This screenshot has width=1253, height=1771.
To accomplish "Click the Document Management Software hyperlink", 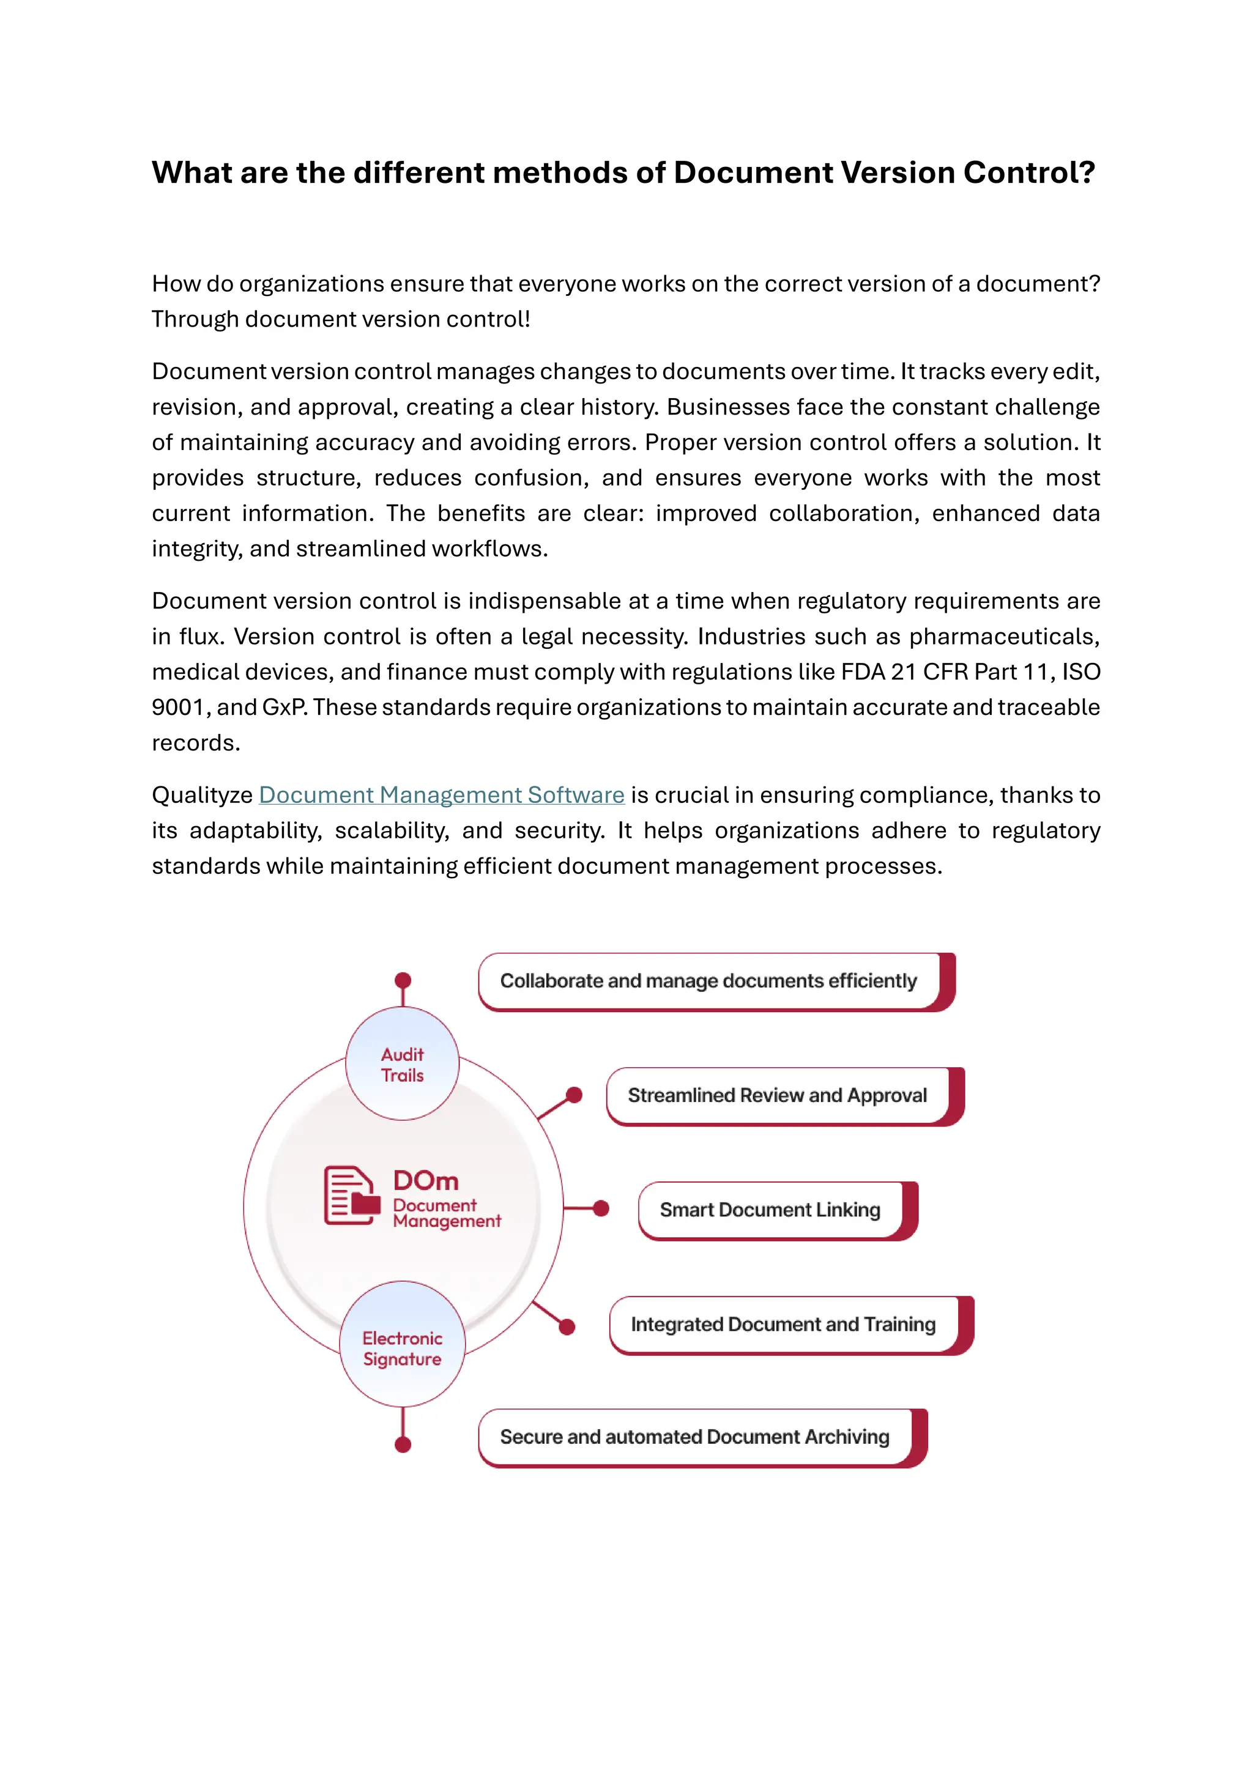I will (x=441, y=795).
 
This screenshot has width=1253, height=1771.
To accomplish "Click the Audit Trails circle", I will (x=402, y=1065).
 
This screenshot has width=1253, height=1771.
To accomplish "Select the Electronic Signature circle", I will (x=402, y=1348).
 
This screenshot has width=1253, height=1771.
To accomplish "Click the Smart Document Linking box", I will (x=770, y=1210).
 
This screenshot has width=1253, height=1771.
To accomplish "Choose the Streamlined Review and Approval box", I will (x=777, y=1095).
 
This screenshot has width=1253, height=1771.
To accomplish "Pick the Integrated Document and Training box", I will (x=783, y=1325).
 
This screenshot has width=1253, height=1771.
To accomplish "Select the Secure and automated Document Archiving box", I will (x=694, y=1437).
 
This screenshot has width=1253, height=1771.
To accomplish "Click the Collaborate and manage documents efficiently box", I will (x=708, y=981).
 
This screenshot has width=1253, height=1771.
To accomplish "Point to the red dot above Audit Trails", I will (x=403, y=980).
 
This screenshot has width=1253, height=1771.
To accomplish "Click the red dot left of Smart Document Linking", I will (x=601, y=1208).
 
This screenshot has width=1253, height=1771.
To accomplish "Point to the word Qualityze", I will (x=202, y=795).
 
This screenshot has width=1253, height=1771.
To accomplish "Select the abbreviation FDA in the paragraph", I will (x=863, y=672).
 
